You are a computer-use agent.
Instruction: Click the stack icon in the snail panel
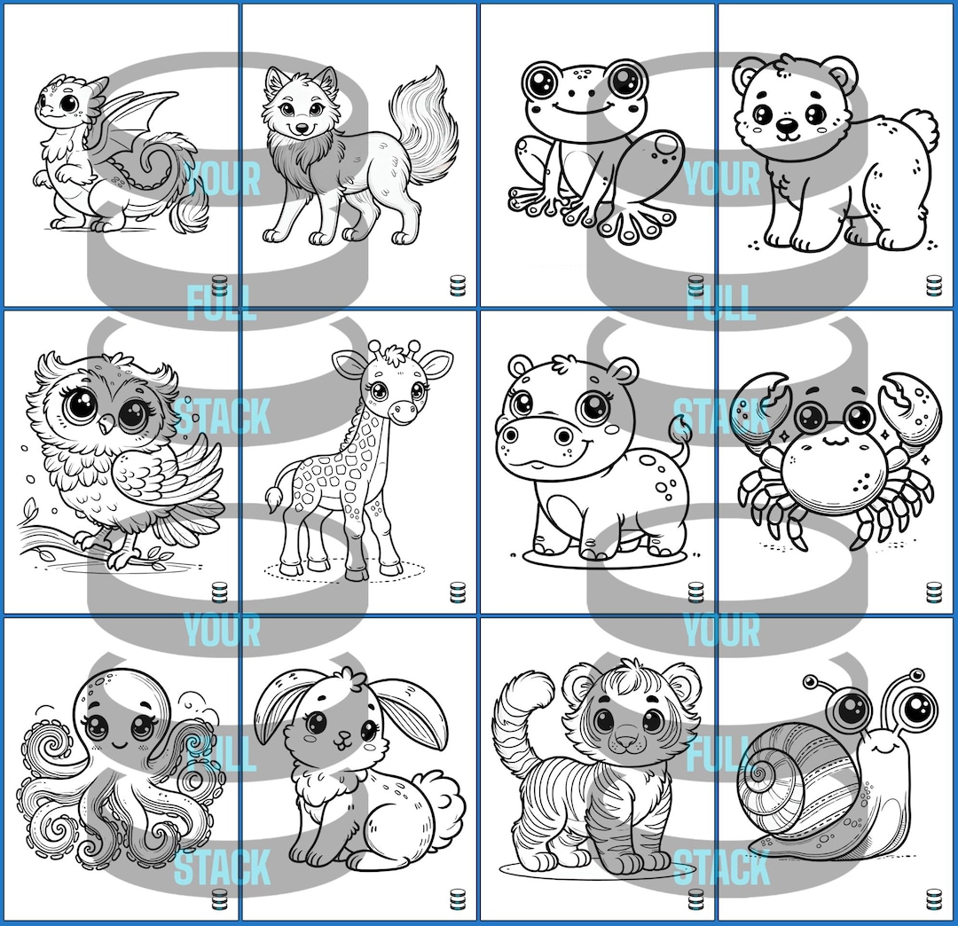[x=933, y=898]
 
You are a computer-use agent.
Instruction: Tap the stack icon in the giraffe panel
[x=458, y=592]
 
